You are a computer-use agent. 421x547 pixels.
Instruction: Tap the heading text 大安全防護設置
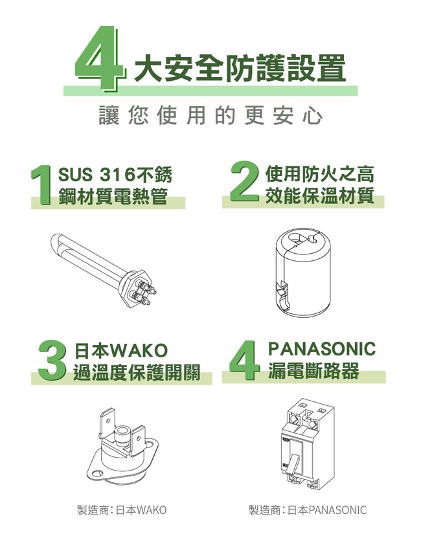240,68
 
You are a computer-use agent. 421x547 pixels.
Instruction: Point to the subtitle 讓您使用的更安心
210,115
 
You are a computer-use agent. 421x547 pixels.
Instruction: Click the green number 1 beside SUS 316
42,185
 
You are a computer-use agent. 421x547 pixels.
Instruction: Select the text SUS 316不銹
115,174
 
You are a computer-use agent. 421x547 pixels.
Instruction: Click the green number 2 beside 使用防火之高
245,181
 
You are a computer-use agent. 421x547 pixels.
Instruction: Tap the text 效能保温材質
319,195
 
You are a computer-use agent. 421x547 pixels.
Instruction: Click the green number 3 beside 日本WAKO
52,360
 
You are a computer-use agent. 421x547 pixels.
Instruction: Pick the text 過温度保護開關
136,372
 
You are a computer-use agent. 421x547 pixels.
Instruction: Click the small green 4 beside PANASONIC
245,360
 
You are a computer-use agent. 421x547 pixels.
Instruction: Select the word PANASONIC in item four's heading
321,348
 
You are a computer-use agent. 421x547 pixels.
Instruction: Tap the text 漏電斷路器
313,370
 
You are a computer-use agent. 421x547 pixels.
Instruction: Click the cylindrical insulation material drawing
302,272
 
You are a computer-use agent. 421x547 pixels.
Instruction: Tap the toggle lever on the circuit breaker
293,464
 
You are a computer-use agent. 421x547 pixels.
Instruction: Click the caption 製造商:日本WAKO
122,510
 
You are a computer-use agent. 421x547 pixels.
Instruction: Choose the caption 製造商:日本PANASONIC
307,510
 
